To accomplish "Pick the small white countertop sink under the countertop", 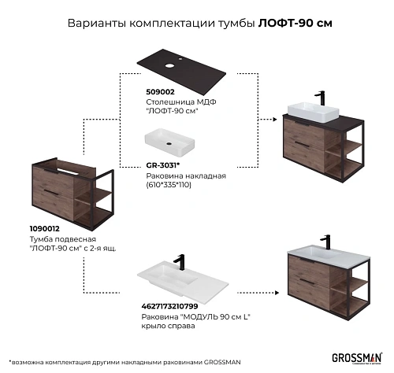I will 173,141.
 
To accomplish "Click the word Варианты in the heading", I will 91,23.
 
